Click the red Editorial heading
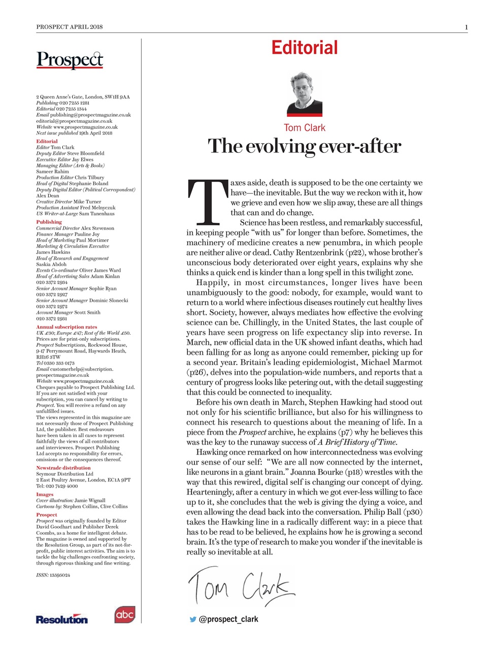(304, 48)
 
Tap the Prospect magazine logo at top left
(70, 60)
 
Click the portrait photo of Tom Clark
(304, 94)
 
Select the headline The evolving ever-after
(304, 146)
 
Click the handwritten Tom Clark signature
(242, 586)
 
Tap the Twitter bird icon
(192, 620)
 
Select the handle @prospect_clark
(228, 620)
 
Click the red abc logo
(124, 614)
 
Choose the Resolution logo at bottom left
(61, 619)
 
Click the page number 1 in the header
(466, 27)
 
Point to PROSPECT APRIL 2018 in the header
(70, 27)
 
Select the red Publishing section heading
(49, 222)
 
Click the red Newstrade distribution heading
(63, 468)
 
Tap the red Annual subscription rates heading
(67, 327)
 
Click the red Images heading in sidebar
(45, 494)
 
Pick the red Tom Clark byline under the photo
(304, 128)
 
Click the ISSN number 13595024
(60, 575)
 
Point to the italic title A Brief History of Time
(357, 442)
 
